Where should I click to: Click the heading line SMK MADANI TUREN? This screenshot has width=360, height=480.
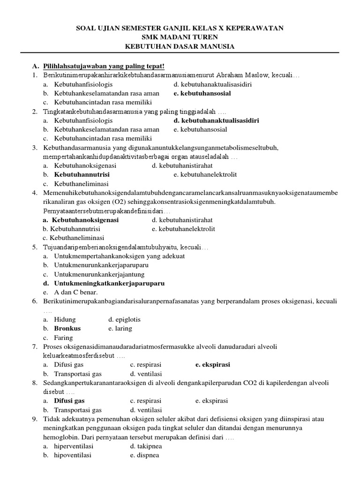(x=180, y=37)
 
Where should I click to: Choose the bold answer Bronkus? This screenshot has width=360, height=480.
(x=67, y=329)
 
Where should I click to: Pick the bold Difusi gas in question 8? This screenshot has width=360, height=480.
(x=69, y=401)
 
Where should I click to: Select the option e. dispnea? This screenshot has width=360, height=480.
(x=145, y=455)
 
